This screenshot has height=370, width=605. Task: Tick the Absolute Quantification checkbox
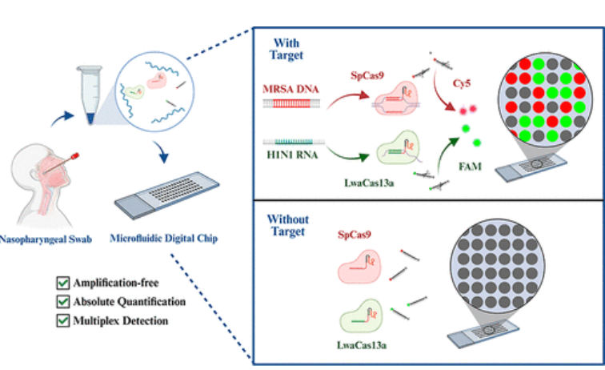[x=62, y=302]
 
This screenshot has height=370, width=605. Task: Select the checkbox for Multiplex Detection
[x=62, y=320]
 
